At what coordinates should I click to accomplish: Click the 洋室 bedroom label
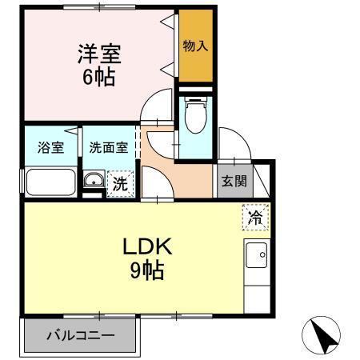[x=98, y=54]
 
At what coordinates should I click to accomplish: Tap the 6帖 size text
[x=99, y=78]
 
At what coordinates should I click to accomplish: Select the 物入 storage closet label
[x=196, y=46]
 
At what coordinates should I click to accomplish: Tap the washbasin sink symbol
[x=93, y=181]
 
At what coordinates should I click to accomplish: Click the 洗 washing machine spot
[x=118, y=182]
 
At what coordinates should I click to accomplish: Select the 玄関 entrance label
[x=234, y=181]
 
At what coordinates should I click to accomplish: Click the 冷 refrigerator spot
[x=254, y=217]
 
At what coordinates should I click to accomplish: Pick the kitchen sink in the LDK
[x=257, y=258]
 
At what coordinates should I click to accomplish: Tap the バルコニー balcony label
[x=79, y=335]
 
